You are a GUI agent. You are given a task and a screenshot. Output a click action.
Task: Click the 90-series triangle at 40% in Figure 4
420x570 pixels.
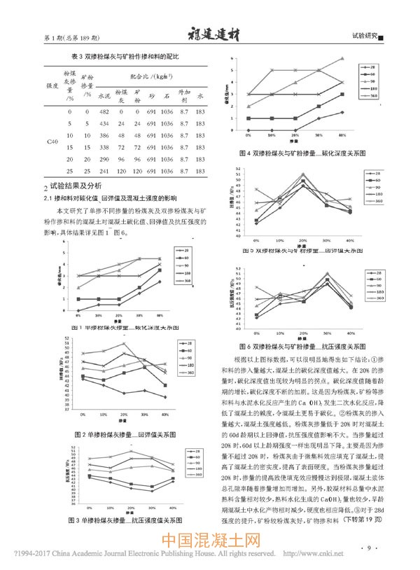tap(342, 58)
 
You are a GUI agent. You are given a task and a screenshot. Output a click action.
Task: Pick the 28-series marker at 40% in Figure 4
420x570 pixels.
tap(342, 112)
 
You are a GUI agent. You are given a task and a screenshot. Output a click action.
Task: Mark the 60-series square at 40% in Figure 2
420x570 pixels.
tap(165, 385)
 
